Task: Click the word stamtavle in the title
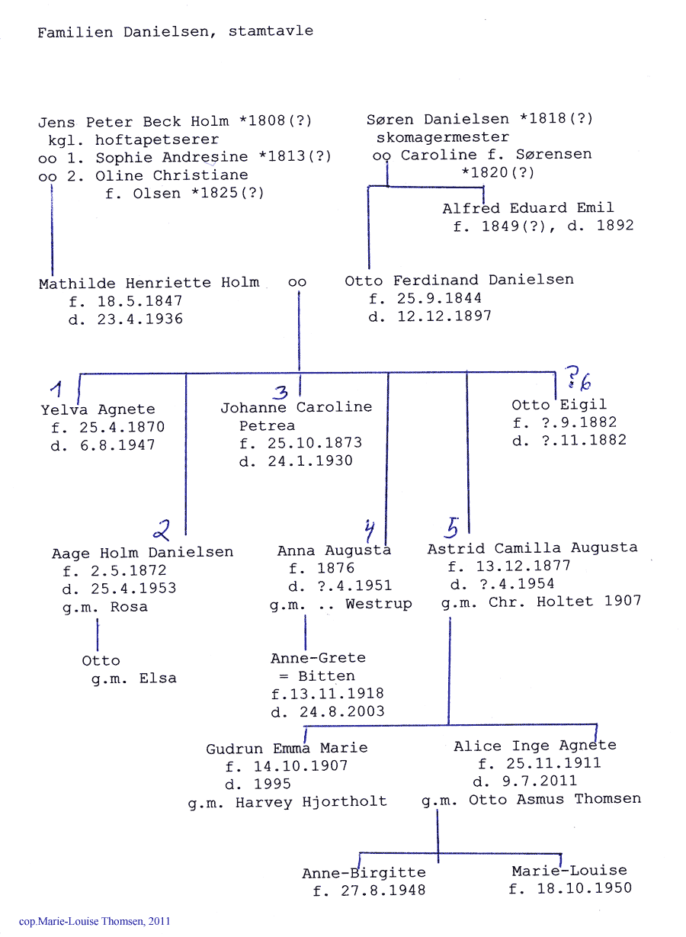tap(271, 31)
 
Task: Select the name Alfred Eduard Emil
tap(528, 208)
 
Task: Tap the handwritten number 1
tap(56, 389)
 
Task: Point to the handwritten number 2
tap(162, 531)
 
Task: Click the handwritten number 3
tap(280, 393)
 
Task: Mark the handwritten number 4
tap(369, 531)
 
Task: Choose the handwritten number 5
tap(451, 528)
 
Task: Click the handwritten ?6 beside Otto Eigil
tap(579, 378)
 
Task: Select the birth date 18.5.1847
tap(139, 300)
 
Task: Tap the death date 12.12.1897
tap(444, 316)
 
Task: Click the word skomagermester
tap(443, 137)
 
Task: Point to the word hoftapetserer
tap(157, 140)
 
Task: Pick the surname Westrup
tap(379, 604)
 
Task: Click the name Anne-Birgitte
tap(364, 873)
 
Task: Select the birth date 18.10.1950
tap(584, 887)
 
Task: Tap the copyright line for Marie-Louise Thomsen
tap(95, 921)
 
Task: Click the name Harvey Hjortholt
tap(311, 802)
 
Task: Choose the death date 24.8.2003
tap(341, 711)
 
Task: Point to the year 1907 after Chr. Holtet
tap(623, 601)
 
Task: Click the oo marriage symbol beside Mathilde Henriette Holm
tap(297, 282)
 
